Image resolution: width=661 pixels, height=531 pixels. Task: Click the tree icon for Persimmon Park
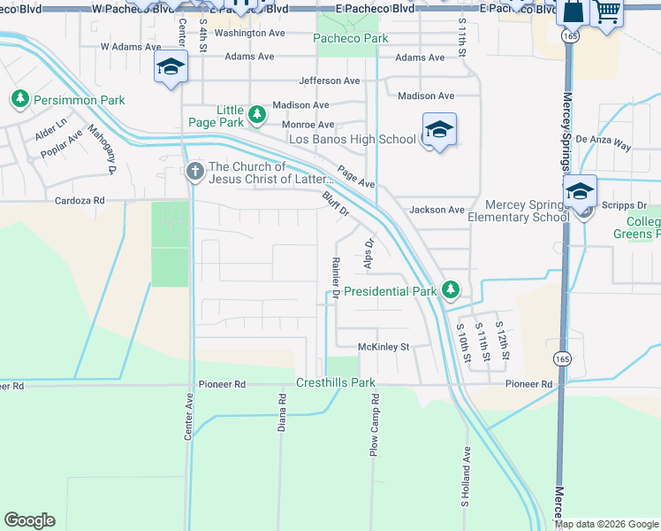click(19, 99)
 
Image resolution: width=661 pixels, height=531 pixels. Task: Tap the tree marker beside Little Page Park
click(256, 114)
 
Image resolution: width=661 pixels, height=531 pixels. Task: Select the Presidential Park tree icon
click(451, 289)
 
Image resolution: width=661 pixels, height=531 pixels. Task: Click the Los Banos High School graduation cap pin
click(438, 130)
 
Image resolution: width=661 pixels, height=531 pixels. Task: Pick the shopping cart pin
click(607, 12)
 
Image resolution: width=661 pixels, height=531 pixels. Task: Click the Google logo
click(29, 520)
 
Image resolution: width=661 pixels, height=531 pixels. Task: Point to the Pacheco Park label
click(351, 39)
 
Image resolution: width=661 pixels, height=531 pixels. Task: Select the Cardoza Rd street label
click(81, 201)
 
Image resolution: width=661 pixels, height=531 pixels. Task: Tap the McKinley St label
click(384, 347)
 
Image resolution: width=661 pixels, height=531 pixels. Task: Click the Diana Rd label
click(282, 412)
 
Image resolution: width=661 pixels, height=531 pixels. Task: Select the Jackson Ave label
click(437, 210)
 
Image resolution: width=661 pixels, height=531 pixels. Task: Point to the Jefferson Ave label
click(330, 81)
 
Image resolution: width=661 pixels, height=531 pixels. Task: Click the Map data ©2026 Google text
click(605, 524)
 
